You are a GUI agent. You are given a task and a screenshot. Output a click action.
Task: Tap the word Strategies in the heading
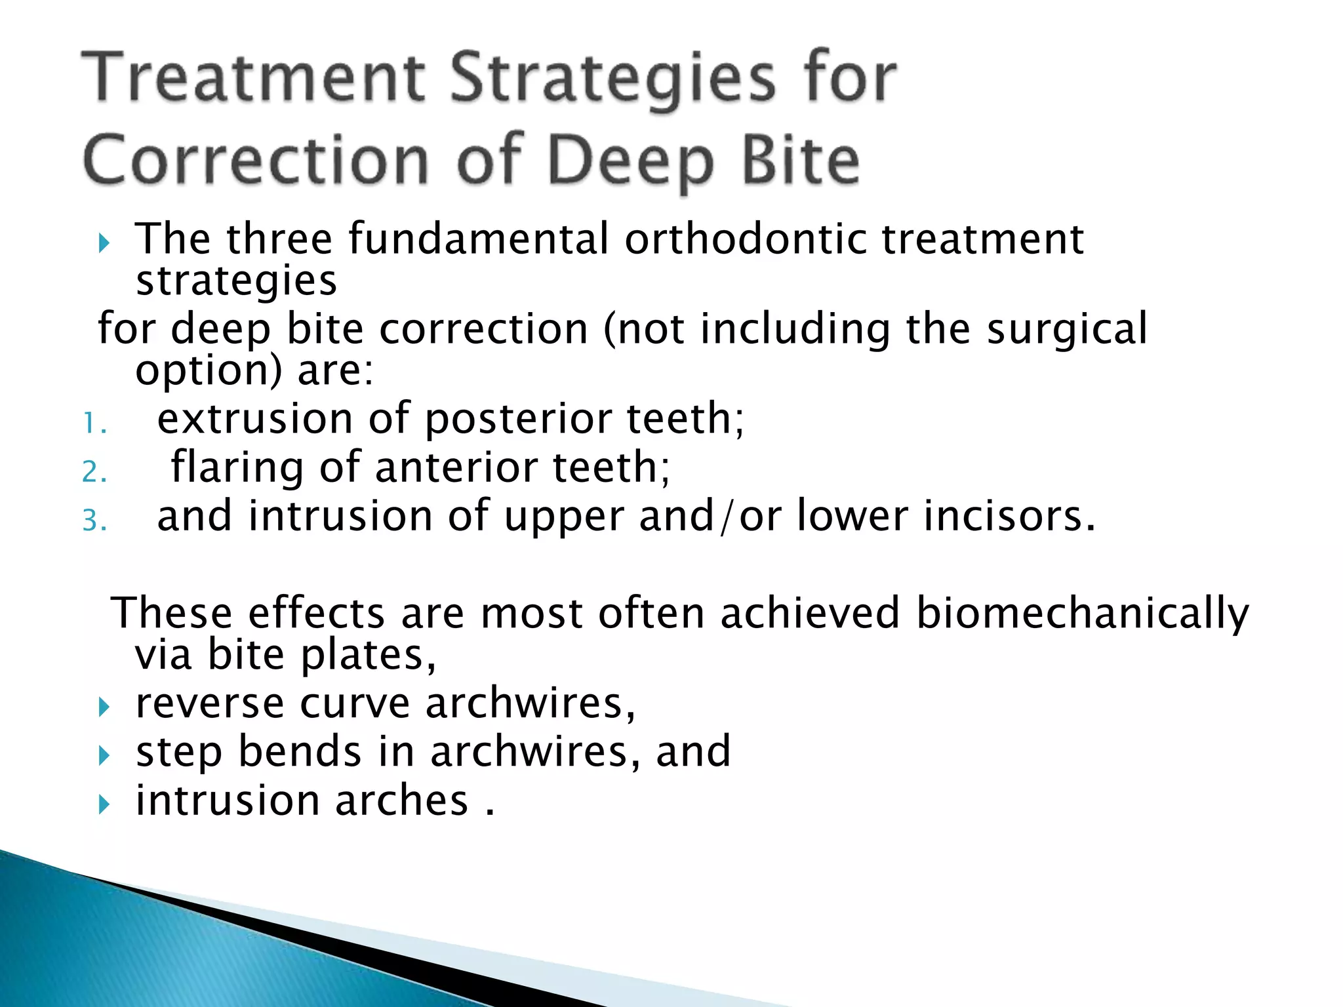(612, 80)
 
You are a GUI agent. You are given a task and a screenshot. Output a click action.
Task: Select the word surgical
(1067, 329)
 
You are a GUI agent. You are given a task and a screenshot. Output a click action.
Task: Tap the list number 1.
(93, 424)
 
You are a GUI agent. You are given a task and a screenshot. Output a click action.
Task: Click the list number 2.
(94, 472)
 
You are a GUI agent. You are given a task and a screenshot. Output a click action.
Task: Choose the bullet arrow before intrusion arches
(104, 804)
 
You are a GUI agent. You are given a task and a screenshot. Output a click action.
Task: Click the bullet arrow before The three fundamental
(104, 245)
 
